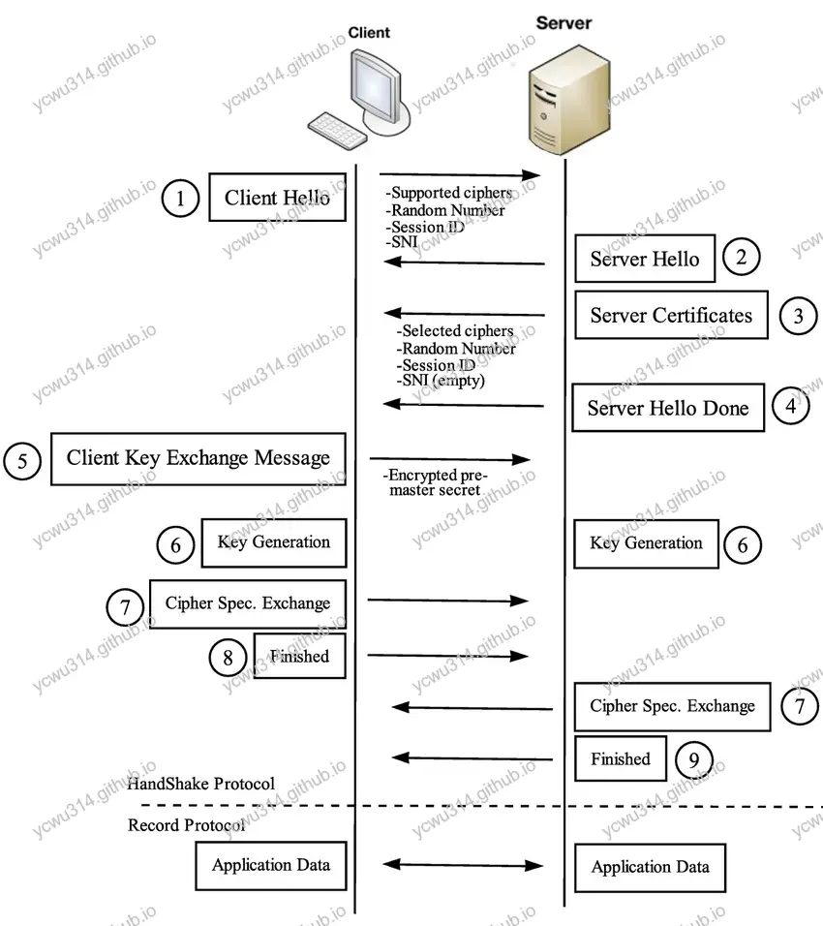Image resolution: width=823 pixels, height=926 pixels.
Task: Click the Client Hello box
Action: pos(278,198)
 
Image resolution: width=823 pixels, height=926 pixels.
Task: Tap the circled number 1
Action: pos(179,199)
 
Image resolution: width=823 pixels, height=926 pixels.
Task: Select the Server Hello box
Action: pos(644,259)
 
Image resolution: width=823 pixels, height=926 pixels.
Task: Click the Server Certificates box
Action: pos(671,315)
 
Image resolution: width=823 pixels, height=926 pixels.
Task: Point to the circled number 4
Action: pos(791,407)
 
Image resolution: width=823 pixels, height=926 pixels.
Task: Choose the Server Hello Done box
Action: pos(668,408)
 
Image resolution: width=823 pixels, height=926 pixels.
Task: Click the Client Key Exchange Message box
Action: pos(198,458)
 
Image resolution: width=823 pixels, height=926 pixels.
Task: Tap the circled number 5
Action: pos(22,461)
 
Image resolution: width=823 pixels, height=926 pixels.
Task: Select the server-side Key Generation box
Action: pos(646,542)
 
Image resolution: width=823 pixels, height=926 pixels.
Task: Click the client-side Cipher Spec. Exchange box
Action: pos(248,602)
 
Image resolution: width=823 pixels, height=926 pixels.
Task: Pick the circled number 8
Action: pos(228,658)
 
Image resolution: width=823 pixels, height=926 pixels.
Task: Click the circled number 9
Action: pos(693,759)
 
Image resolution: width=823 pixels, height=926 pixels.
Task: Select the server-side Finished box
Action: pos(621,759)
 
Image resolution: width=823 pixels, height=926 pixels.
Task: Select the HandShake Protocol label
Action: pos(201,783)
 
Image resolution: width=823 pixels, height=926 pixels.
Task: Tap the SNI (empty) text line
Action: pos(441,381)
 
